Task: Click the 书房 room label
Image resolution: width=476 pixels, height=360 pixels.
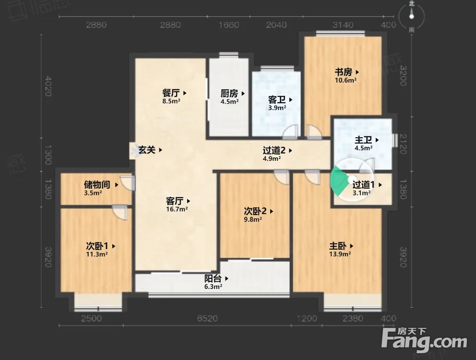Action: click(344, 72)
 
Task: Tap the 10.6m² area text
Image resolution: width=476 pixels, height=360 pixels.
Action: click(345, 81)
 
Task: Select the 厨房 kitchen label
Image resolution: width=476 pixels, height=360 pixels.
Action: click(229, 94)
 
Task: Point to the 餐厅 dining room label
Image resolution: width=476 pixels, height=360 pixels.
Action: click(171, 93)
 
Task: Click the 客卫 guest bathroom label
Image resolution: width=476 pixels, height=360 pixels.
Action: click(277, 100)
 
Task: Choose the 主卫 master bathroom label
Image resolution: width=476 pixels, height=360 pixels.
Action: click(363, 140)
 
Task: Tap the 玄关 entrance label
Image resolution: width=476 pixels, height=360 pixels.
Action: click(147, 150)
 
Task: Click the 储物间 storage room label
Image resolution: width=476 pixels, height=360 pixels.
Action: click(97, 184)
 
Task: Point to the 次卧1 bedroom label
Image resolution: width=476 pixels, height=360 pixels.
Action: click(96, 246)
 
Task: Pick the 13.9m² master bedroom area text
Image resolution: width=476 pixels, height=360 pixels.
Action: click(340, 254)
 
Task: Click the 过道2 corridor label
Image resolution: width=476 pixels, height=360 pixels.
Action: click(274, 150)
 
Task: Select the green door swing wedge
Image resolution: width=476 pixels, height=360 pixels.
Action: click(340, 182)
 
